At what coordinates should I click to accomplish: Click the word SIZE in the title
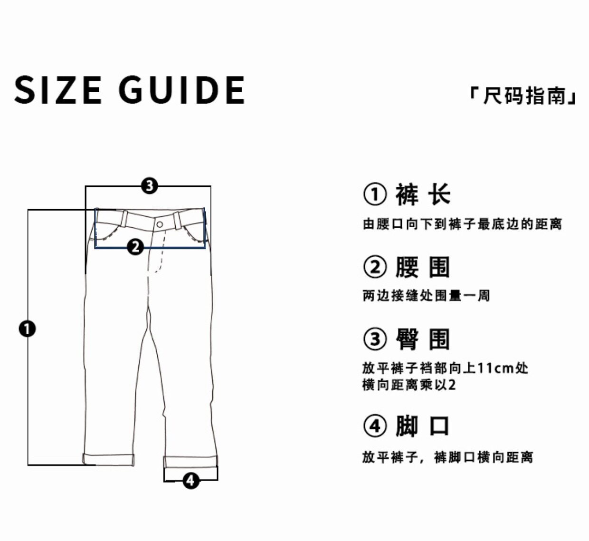(58, 90)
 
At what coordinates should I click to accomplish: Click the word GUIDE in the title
(181, 90)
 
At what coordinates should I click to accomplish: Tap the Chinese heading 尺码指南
(523, 96)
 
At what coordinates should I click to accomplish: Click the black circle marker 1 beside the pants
(27, 328)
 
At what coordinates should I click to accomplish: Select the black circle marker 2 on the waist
(135, 247)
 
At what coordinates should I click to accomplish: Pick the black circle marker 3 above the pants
(149, 186)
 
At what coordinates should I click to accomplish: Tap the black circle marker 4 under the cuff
(190, 481)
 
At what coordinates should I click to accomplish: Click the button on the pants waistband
(160, 224)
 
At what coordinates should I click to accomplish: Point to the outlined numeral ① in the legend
(375, 194)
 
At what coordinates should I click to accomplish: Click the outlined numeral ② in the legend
(375, 267)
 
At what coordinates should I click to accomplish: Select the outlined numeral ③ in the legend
(375, 339)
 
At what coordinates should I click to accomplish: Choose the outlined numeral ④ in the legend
(375, 426)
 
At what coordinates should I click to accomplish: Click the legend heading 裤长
(423, 194)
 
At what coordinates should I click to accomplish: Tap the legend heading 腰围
(423, 267)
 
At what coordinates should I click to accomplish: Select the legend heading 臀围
(423, 339)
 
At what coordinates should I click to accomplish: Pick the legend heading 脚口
(423, 426)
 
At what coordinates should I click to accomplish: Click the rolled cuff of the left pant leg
(109, 459)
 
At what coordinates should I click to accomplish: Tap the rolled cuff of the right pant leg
(190, 462)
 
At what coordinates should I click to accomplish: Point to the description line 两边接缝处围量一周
(426, 296)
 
